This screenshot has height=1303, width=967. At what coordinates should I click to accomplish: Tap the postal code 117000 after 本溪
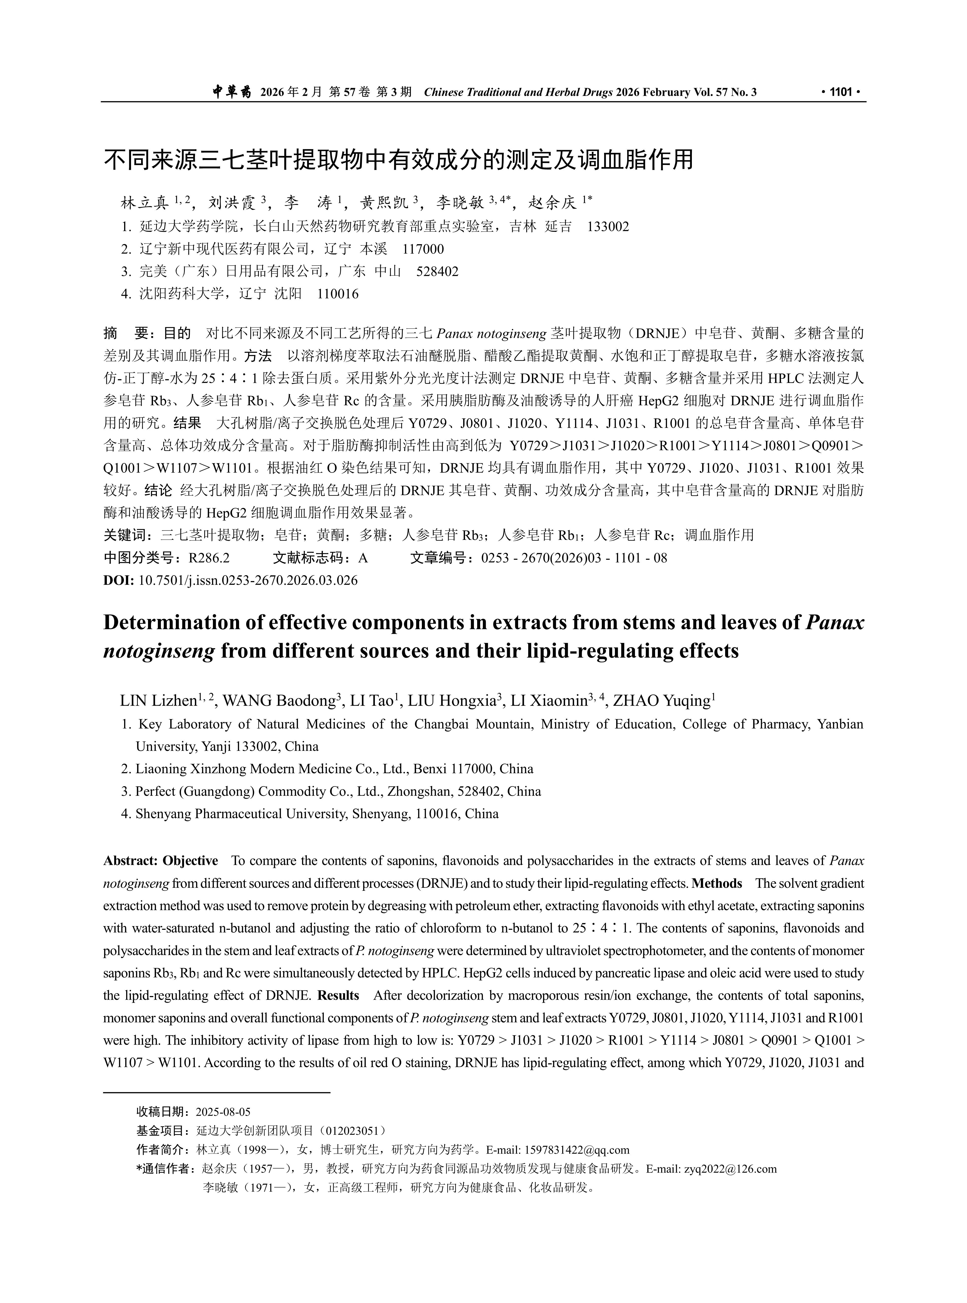[423, 249]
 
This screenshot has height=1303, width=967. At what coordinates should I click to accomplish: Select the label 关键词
[126, 535]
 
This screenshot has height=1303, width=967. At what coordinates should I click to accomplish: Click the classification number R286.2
[209, 558]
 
